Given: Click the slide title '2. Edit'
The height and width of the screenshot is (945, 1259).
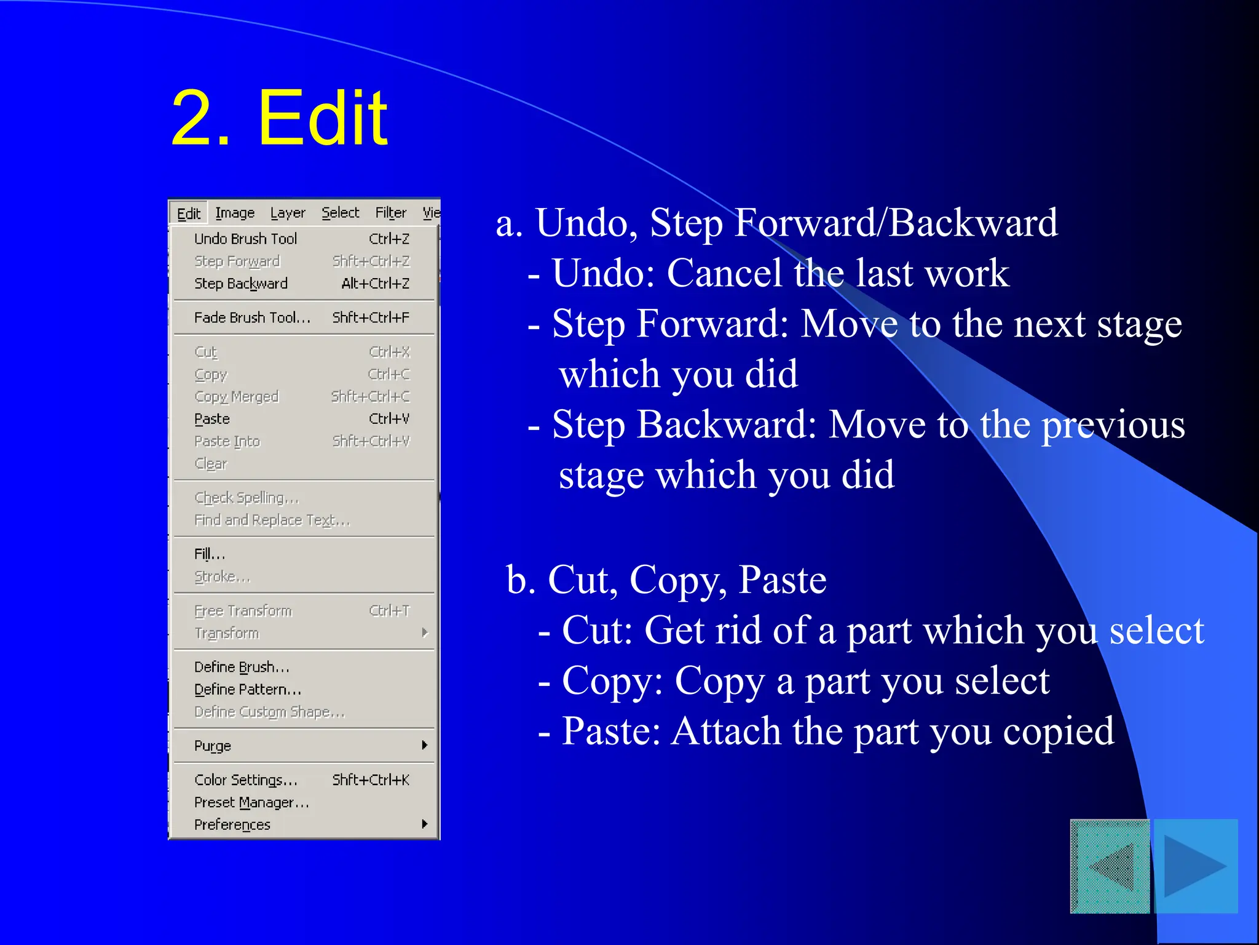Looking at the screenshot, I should tap(280, 118).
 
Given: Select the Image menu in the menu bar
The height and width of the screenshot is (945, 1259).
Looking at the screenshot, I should tap(235, 213).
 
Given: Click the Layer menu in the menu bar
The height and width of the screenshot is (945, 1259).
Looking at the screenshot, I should tap(288, 213).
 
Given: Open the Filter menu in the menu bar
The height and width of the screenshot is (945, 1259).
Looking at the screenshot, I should tap(391, 213).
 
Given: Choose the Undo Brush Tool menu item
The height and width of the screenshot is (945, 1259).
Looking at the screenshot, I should tap(245, 239).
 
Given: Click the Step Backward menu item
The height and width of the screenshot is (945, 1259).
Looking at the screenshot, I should tap(241, 284).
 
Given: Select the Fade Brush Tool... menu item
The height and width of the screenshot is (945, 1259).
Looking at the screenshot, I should tap(252, 317).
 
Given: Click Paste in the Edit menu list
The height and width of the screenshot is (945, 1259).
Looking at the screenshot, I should tap(212, 419).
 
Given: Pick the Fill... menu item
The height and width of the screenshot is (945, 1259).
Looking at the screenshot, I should tap(210, 554).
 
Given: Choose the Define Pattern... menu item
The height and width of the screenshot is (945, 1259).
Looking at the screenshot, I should tap(248, 690).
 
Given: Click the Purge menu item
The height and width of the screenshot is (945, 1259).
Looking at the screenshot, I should tap(213, 746).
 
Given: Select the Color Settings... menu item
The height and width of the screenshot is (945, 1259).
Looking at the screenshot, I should tap(246, 780).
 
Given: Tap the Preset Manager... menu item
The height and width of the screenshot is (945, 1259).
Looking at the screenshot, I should tap(251, 802).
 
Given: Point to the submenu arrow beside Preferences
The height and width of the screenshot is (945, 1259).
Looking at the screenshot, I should tap(425, 824).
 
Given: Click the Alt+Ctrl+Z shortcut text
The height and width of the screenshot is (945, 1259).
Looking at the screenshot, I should tap(375, 284).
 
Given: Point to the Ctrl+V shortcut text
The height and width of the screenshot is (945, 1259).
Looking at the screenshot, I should tap(389, 419).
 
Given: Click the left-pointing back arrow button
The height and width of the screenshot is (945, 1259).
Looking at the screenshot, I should tap(1110, 866).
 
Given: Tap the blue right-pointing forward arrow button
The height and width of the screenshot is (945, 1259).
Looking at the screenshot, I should tap(1196, 866).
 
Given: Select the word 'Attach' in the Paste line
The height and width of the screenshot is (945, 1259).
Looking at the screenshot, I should tap(726, 731).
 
